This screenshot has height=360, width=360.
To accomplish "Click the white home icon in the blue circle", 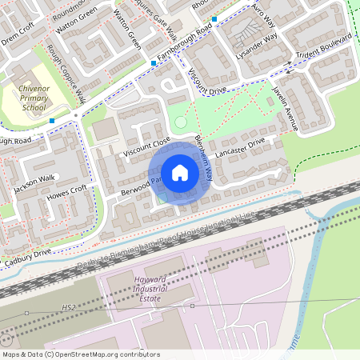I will point(180,173).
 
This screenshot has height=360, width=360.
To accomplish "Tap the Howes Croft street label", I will point(67,193).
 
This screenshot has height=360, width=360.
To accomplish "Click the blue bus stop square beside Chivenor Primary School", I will point(52,121).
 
